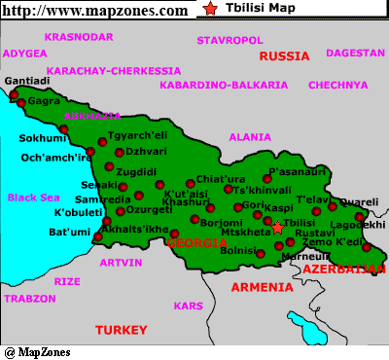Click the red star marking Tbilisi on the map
pyautogui.click(x=277, y=228)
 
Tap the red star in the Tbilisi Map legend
pyautogui.click(x=212, y=10)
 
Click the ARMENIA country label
pyautogui.click(x=261, y=287)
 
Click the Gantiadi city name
pyautogui.click(x=28, y=80)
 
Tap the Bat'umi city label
pyautogui.click(x=69, y=232)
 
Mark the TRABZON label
pyautogui.click(x=30, y=299)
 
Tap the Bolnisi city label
pyautogui.click(x=240, y=250)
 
